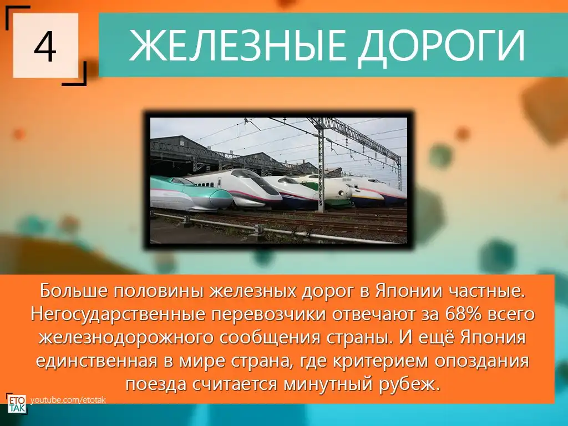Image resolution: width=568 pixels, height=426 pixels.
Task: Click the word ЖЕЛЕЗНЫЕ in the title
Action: click(x=235, y=45)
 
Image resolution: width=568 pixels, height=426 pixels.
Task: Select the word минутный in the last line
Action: click(x=328, y=384)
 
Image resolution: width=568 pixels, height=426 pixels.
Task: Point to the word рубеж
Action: click(x=410, y=384)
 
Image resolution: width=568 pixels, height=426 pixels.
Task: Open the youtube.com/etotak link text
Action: click(x=68, y=400)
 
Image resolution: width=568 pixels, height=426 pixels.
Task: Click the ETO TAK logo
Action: click(x=16, y=404)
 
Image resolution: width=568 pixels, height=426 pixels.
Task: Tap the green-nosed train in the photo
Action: click(x=191, y=194)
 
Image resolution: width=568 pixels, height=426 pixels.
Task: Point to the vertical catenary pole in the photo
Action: click(x=320, y=166)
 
